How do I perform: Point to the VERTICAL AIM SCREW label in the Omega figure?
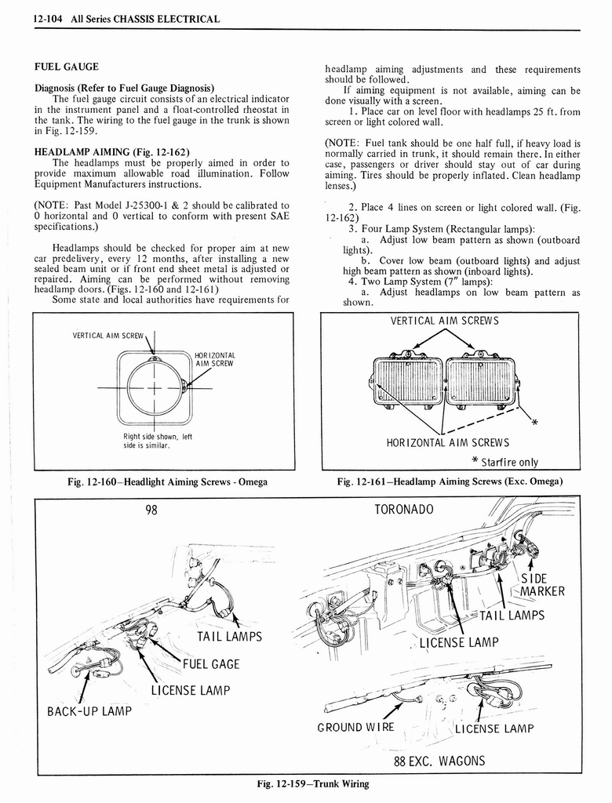coord(108,336)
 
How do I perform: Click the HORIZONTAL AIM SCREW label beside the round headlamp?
coord(215,359)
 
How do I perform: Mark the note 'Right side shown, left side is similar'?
coord(157,441)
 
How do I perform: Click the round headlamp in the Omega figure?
coord(154,389)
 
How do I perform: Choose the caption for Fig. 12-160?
coord(164,481)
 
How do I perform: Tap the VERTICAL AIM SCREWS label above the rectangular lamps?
coord(444,321)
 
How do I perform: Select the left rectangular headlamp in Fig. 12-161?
coord(408,380)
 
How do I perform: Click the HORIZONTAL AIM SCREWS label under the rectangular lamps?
coord(447,443)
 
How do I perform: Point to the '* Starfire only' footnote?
coord(505,462)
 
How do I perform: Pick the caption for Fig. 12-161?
coord(450,481)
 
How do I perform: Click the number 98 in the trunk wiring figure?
coord(151,510)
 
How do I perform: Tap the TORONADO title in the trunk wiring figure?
coord(404,510)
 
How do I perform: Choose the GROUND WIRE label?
coord(355,728)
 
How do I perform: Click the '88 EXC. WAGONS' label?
coord(439,761)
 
